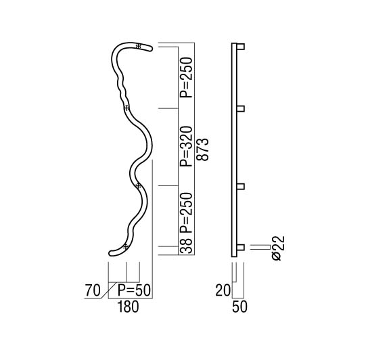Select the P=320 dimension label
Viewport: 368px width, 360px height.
pyautogui.click(x=186, y=146)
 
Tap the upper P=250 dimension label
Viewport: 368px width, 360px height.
pyautogui.click(x=186, y=78)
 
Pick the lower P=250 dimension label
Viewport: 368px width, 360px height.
pyautogui.click(x=186, y=212)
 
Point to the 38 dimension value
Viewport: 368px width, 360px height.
pyautogui.click(x=186, y=246)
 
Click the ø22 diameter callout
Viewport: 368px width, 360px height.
pyautogui.click(x=279, y=248)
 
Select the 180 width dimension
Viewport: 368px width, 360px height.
pyautogui.click(x=128, y=307)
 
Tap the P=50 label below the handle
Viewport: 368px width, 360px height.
pyautogui.click(x=134, y=290)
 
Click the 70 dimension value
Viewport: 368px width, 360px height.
pyautogui.click(x=93, y=290)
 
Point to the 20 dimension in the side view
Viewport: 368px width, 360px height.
pyautogui.click(x=223, y=290)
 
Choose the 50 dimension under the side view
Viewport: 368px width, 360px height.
pyautogui.click(x=240, y=307)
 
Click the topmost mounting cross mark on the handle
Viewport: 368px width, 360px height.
pyautogui.click(x=139, y=46)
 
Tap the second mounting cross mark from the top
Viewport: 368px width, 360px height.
pyautogui.click(x=127, y=108)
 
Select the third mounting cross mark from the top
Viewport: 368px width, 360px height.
pyautogui.click(x=139, y=186)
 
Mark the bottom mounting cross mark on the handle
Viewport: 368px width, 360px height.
pyautogui.click(x=126, y=246)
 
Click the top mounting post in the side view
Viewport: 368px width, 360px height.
pyautogui.click(x=241, y=47)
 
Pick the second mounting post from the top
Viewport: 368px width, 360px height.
pyautogui.click(x=241, y=109)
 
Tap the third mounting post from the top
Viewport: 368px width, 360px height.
pyautogui.click(x=241, y=186)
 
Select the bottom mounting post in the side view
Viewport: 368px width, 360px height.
pyautogui.click(x=241, y=247)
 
